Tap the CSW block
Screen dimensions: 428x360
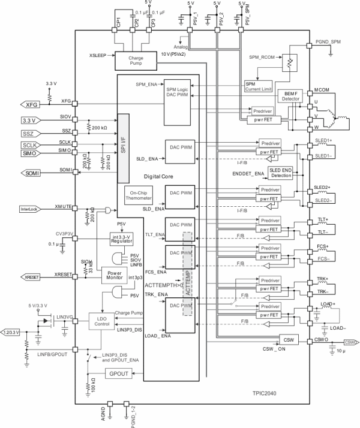coord(289,340)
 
